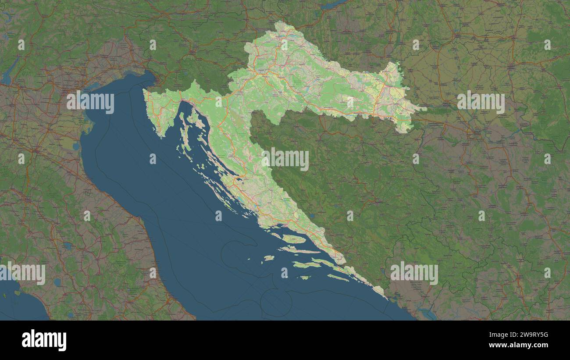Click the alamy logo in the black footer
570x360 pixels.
44,340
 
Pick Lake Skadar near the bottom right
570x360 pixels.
427,313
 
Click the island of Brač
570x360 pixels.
293,239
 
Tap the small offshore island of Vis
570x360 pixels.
269,258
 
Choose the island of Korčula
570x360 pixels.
307,264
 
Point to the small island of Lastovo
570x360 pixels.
304,277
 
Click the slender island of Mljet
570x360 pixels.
338,278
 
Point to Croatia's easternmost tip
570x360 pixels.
424,109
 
